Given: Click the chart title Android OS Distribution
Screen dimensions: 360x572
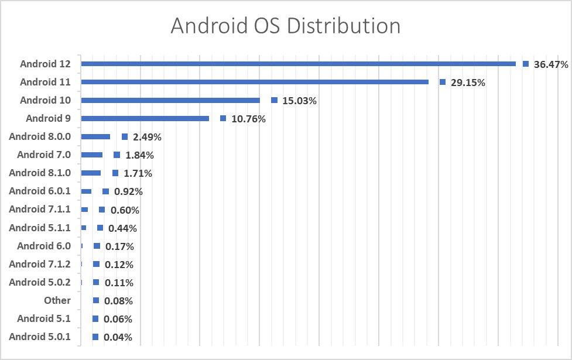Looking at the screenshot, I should tap(285, 26).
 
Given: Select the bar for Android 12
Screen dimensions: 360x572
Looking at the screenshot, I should tap(298, 64).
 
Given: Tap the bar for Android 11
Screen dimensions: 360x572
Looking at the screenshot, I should tap(255, 82).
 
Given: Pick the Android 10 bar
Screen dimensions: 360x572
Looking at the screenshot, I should tap(170, 100).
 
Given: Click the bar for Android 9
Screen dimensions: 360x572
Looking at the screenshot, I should tap(145, 118).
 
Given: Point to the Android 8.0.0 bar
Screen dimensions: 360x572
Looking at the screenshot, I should tap(95, 136).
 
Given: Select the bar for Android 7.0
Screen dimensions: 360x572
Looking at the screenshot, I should tap(92, 155).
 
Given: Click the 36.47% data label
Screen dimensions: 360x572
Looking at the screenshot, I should tap(551, 64).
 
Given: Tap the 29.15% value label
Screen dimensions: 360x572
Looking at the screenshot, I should tap(468, 83).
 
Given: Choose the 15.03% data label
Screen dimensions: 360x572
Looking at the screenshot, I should tap(299, 101).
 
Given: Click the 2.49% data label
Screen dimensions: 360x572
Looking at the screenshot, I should tap(147, 137).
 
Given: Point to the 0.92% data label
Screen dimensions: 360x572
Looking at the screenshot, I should tap(128, 191).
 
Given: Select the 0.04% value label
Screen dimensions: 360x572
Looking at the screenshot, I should tap(118, 337).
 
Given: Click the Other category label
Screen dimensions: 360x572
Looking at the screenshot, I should tap(57, 300).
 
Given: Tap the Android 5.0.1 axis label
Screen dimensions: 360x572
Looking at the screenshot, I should tap(40, 337).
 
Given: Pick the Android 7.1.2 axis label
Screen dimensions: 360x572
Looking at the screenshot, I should tap(40, 264).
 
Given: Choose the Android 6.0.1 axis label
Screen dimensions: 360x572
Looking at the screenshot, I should tap(40, 191).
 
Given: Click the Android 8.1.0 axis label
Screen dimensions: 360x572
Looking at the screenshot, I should tap(40, 173).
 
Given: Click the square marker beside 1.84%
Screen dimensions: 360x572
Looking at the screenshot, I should tap(117, 155).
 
